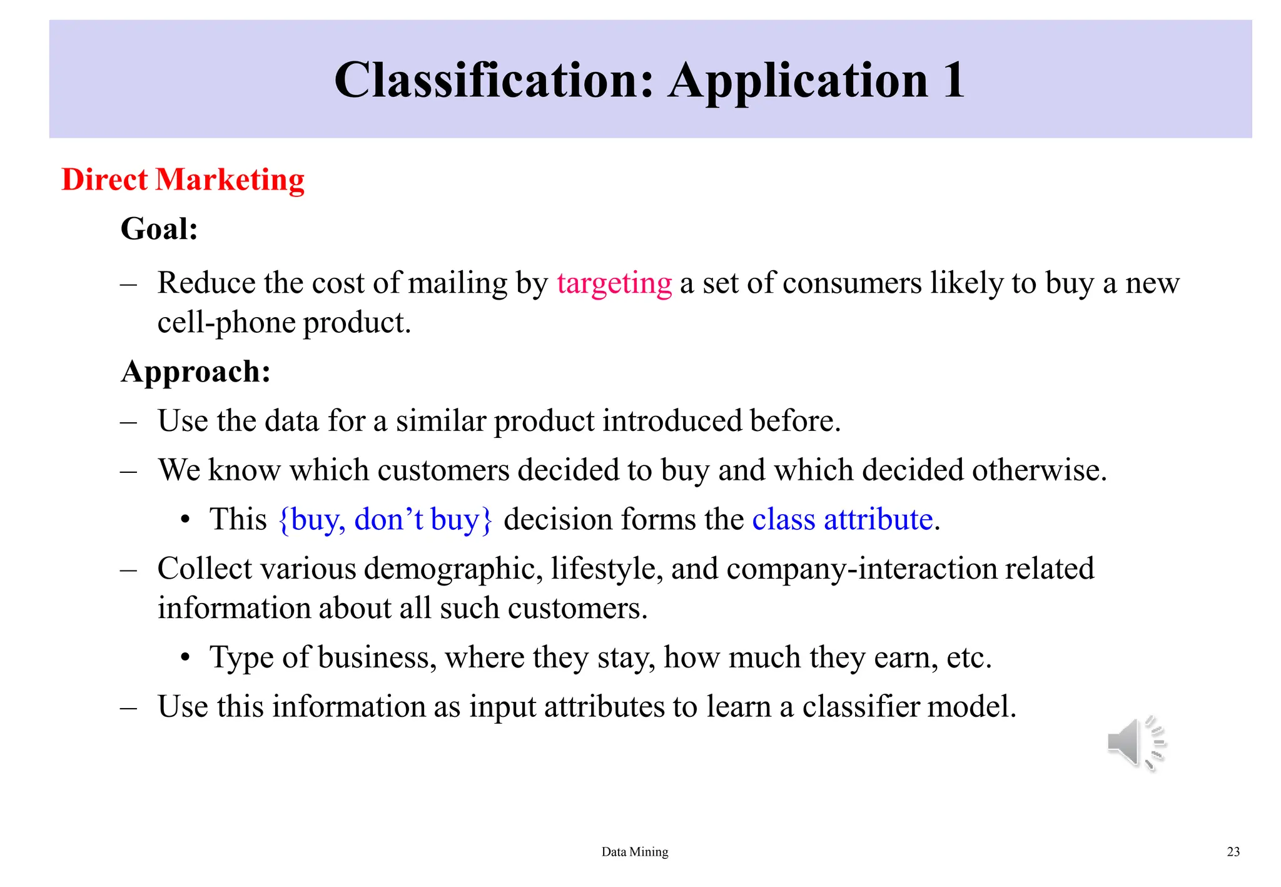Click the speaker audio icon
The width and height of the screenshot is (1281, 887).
tap(1135, 744)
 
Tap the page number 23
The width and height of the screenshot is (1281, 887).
tap(1233, 851)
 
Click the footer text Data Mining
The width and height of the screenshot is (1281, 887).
tap(634, 851)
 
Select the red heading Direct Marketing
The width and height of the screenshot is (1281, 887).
tap(183, 180)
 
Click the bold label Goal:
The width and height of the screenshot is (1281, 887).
tap(159, 229)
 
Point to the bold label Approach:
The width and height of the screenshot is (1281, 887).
tap(196, 372)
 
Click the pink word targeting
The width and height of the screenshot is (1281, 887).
tap(614, 283)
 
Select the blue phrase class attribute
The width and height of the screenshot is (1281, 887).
tap(842, 520)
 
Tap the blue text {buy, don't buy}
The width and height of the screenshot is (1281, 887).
tap(385, 520)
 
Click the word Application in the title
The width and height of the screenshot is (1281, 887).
tap(799, 81)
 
